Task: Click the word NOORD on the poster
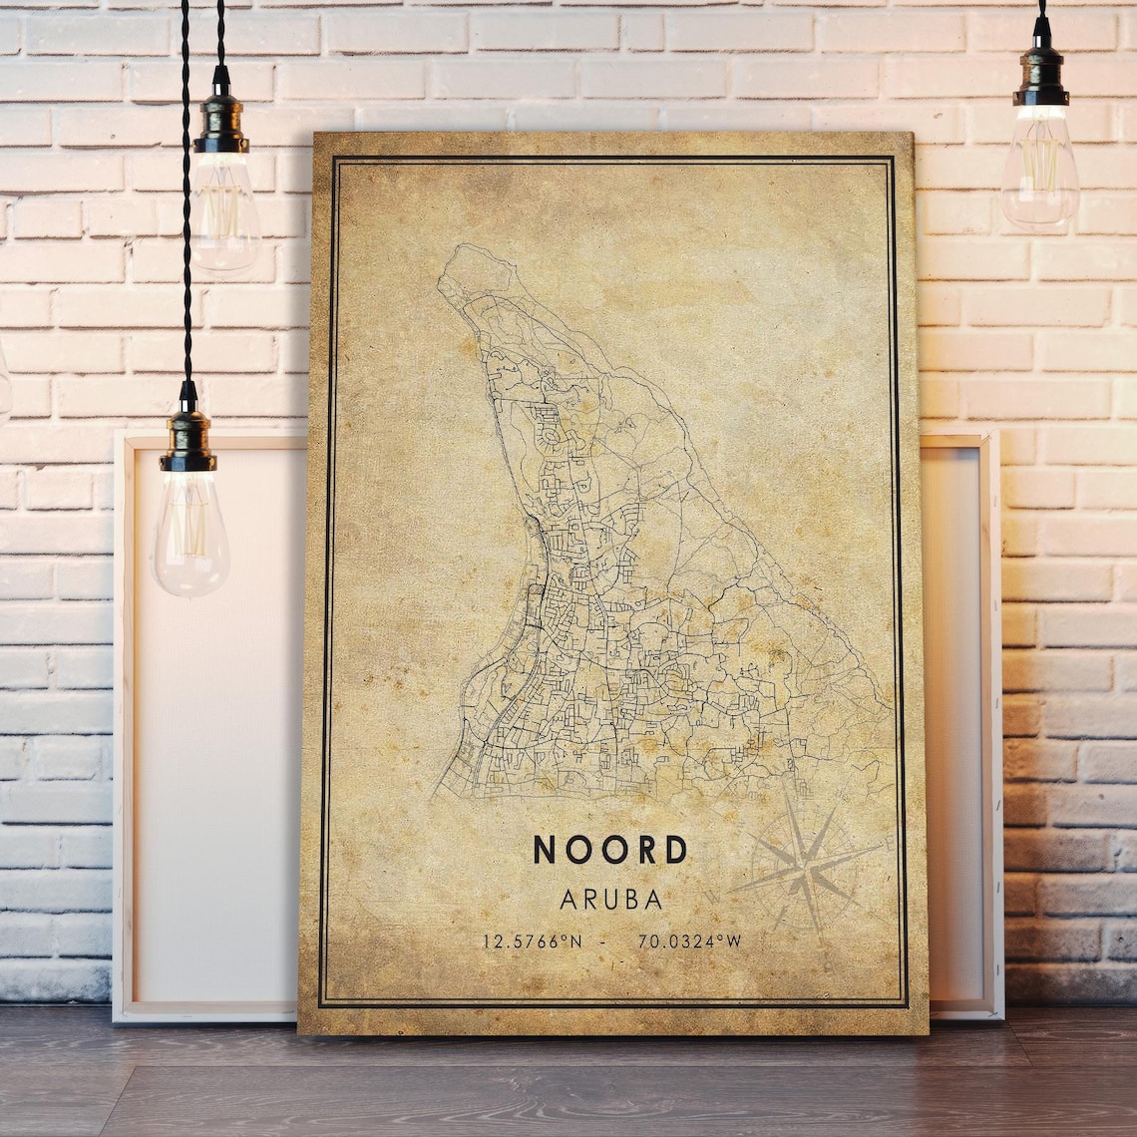pos(610,850)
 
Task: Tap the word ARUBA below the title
pos(611,900)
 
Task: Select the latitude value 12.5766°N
pos(532,941)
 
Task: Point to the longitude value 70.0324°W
pos(689,941)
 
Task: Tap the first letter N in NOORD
pos(544,850)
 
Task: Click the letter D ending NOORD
pos(676,850)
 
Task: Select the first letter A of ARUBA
pos(568,900)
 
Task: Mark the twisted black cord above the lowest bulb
pos(186,199)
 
